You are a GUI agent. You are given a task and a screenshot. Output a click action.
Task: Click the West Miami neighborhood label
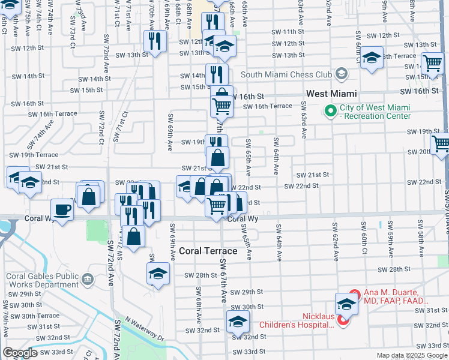pos(331,94)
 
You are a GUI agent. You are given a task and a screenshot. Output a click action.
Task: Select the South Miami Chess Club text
pos(286,74)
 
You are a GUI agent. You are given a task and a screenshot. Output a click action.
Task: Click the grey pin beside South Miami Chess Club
pos(342,74)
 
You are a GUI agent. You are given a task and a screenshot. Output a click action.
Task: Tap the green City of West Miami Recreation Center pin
pos(330,111)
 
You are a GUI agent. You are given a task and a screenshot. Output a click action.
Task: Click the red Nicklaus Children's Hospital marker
pos(343,320)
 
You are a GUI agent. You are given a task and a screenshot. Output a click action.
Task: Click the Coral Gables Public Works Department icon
pos(87,280)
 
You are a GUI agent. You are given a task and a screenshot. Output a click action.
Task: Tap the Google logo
pos(20,352)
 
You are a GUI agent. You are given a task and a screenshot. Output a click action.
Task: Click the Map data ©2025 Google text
pos(411,355)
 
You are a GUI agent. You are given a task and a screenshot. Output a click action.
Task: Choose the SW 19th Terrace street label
pos(31,155)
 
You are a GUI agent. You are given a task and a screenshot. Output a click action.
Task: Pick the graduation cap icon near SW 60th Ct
pos(372,58)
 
